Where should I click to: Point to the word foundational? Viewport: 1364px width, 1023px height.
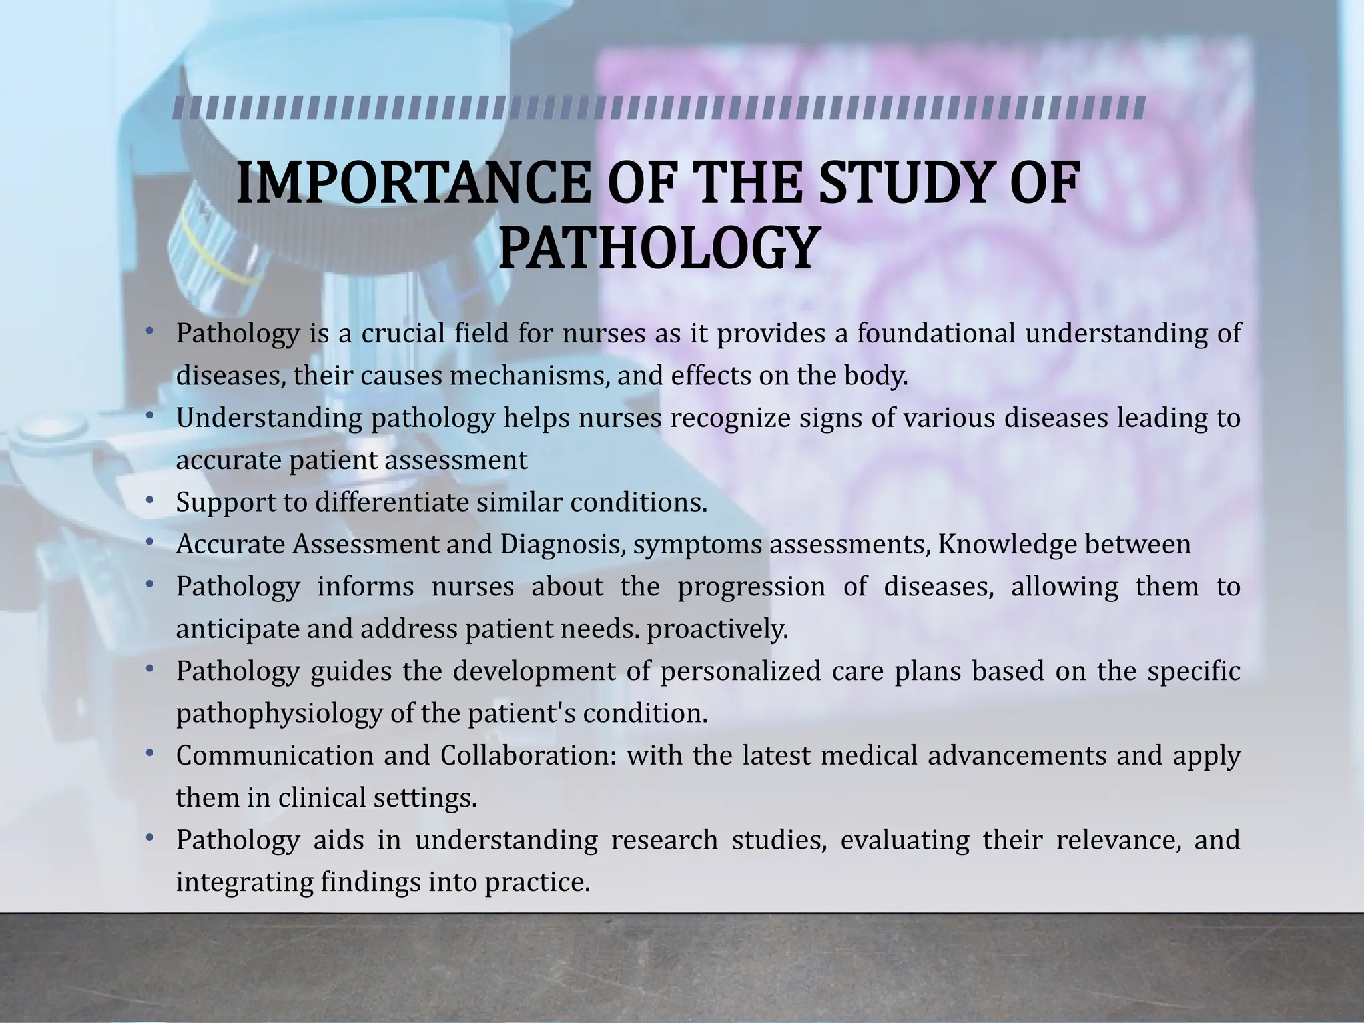coord(936,333)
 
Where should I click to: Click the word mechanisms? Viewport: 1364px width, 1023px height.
coord(529,376)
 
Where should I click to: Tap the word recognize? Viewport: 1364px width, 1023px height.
coord(730,418)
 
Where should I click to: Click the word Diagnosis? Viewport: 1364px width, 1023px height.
coord(561,545)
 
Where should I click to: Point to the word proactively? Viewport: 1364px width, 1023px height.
coord(717,629)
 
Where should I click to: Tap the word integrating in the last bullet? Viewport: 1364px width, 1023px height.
coord(244,882)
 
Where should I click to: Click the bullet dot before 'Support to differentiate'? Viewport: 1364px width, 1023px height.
coord(149,500)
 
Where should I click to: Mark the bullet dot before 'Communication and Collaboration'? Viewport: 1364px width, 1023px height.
coord(149,753)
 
